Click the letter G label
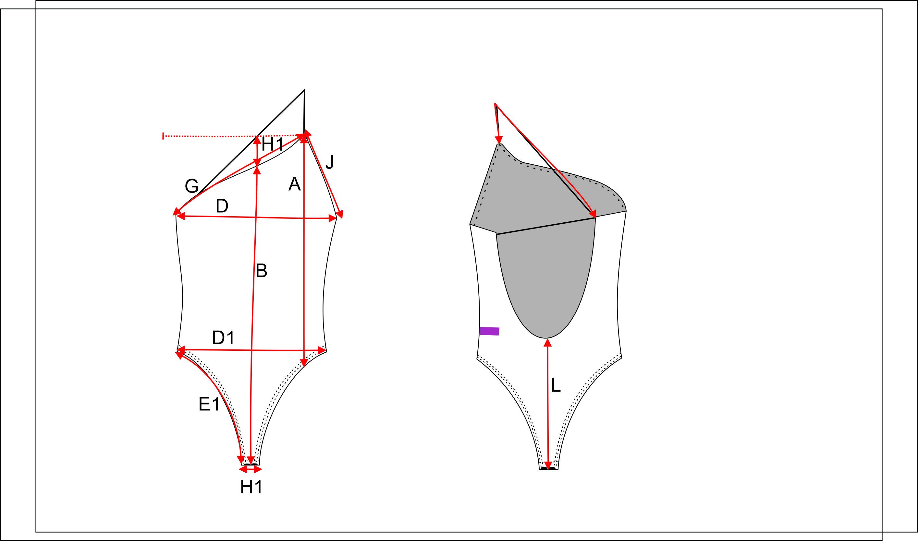(191, 186)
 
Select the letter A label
(294, 184)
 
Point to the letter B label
(261, 270)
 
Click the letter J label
(330, 162)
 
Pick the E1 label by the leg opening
(209, 404)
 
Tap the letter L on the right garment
(556, 385)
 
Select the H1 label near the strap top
(272, 144)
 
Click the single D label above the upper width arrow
(222, 206)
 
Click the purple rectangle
(489, 331)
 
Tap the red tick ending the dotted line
(163, 136)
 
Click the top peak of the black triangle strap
(304, 90)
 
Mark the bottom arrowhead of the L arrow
(548, 465)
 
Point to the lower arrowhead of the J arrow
(340, 214)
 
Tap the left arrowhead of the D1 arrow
(181, 350)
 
